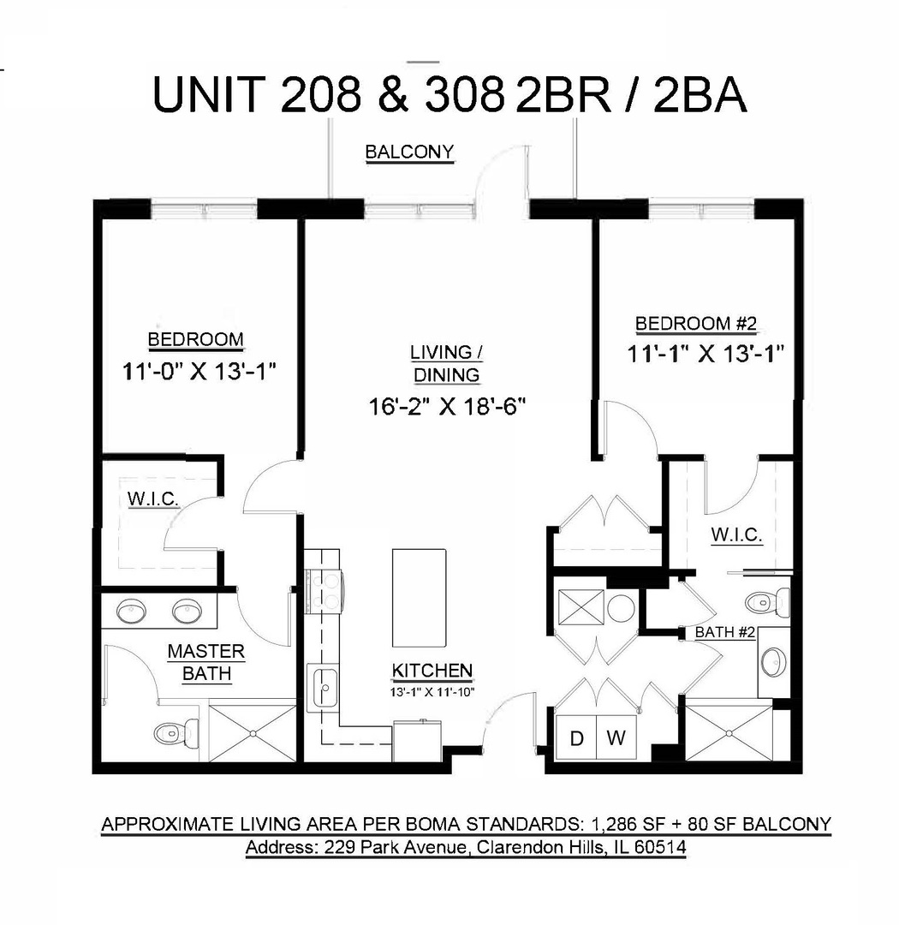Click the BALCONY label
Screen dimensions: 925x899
click(x=409, y=152)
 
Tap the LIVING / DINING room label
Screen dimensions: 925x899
click(x=441, y=363)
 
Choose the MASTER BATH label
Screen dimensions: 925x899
click(x=205, y=662)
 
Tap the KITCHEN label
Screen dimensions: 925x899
click(x=432, y=670)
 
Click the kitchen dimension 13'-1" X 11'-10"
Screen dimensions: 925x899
click(x=432, y=690)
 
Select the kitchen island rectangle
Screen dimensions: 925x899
click(x=419, y=598)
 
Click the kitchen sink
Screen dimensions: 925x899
click(x=325, y=689)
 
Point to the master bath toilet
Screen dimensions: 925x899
click(x=176, y=732)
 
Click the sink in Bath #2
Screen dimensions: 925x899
click(x=773, y=661)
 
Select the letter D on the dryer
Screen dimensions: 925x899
click(x=577, y=738)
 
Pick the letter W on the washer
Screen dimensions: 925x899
click(x=616, y=738)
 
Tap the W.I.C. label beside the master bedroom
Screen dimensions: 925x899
click(x=153, y=500)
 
